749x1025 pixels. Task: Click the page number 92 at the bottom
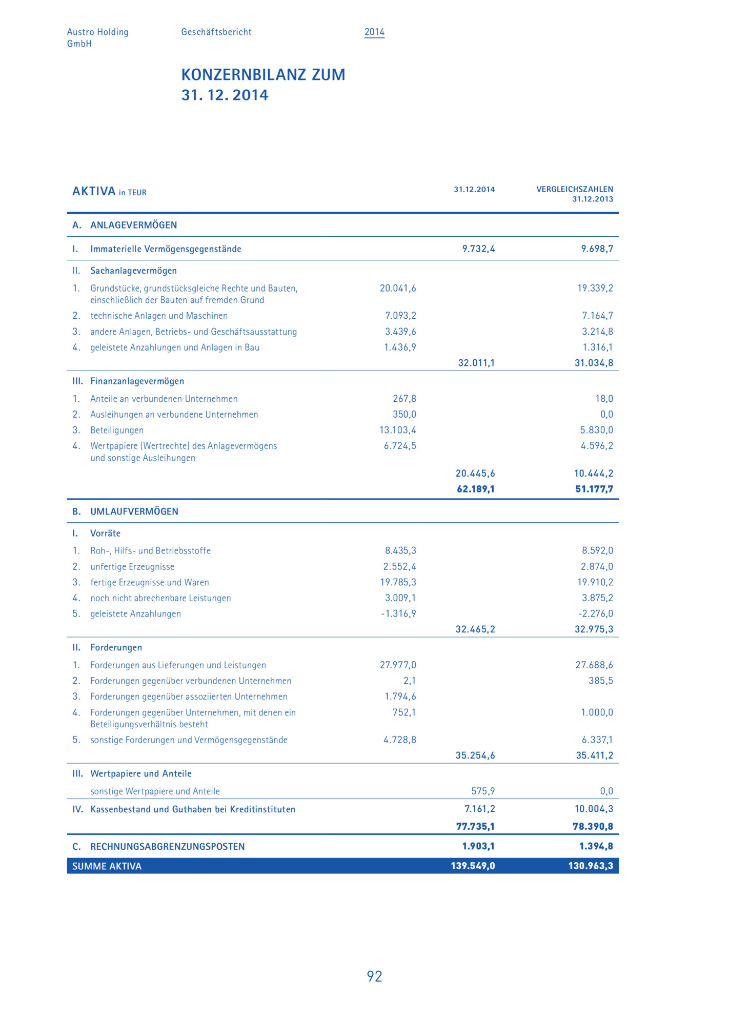coord(374,976)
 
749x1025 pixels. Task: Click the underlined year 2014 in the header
coord(374,32)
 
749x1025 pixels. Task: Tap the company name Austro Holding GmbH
coord(97,37)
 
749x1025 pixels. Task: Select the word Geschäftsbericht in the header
coord(216,32)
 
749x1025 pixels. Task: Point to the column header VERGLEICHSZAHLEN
coord(574,189)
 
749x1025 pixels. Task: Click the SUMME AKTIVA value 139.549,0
coord(473,866)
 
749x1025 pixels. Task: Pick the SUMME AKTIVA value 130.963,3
coord(590,866)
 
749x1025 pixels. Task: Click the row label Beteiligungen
coord(117,430)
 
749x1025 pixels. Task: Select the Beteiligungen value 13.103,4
coord(398,430)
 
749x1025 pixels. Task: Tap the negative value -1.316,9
coord(398,613)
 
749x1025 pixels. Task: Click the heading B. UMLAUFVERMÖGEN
coord(126,511)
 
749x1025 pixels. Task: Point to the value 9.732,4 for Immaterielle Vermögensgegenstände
coord(478,249)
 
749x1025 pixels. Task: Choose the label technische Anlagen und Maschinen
coord(159,316)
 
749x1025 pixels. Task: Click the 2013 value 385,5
coord(600,681)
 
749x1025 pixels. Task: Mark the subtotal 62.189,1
coord(476,489)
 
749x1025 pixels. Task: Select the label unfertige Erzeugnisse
coord(132,566)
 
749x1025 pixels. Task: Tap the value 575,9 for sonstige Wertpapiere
coord(483,791)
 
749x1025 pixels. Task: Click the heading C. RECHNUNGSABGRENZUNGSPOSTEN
coord(159,846)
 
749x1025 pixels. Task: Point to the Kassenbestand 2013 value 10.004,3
coord(594,809)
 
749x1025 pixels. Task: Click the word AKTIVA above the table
coord(94,192)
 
